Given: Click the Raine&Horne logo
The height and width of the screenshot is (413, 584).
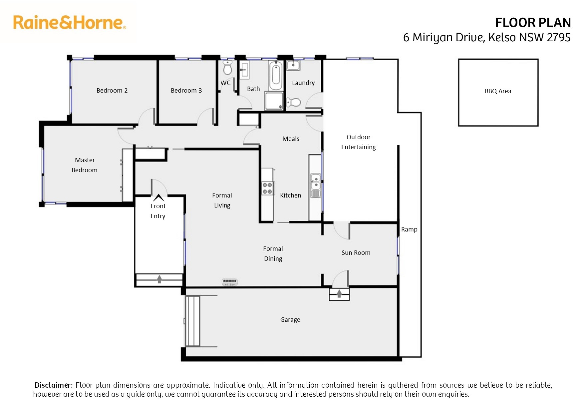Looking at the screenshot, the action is tap(70, 22).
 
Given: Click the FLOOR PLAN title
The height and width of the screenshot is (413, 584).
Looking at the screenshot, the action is tap(533, 23).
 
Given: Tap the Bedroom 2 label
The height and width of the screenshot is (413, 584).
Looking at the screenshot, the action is tap(112, 90).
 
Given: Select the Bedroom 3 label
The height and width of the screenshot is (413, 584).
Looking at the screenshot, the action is tap(186, 90).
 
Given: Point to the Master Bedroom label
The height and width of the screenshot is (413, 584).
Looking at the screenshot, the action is tap(85, 165).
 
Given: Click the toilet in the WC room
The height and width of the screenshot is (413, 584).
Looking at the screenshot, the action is tap(227, 68).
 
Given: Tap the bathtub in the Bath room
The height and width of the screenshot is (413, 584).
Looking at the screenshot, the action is tap(276, 75).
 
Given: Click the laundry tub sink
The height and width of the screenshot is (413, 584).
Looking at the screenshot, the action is tap(293, 65).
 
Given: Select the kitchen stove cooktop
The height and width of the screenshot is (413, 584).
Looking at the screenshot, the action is tap(267, 188).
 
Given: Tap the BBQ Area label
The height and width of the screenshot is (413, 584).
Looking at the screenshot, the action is tap(498, 91).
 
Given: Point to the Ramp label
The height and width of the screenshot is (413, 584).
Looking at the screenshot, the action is tap(409, 229).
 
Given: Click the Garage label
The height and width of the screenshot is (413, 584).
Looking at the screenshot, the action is tap(290, 320).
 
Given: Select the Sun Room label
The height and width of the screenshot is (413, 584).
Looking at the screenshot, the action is tap(356, 252).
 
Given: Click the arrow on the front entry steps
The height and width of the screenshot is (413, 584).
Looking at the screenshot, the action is tap(159, 279).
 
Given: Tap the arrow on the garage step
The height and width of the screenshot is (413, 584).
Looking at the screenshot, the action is tap(339, 293).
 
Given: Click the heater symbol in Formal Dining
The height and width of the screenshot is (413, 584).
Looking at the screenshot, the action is tap(230, 282).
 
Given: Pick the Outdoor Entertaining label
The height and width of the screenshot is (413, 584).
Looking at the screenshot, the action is tap(358, 142).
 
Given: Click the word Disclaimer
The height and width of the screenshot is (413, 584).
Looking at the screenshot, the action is tap(54, 385).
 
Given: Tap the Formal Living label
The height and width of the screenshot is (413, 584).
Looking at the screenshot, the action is tap(222, 200).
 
